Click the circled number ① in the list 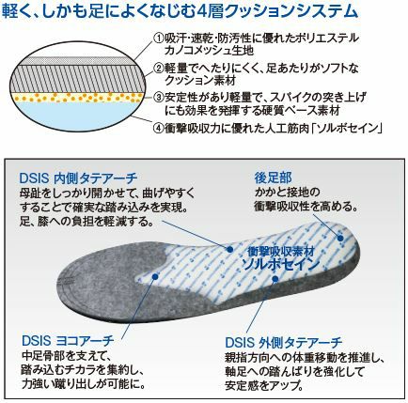click(159, 39)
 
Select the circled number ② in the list click(159, 69)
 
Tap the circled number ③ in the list click(159, 98)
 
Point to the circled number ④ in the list click(159, 128)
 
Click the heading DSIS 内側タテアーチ click(78, 178)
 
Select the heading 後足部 click(274, 178)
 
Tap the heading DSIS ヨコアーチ click(68, 340)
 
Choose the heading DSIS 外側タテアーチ click(284, 343)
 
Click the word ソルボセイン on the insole click(281, 265)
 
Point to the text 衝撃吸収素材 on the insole click(281, 251)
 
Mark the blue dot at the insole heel click(340, 238)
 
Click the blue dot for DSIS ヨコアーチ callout click(155, 276)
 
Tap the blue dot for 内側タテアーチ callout click(229, 249)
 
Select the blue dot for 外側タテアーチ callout click(275, 279)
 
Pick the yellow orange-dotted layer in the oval click(78, 97)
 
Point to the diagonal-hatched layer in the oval click(78, 78)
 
